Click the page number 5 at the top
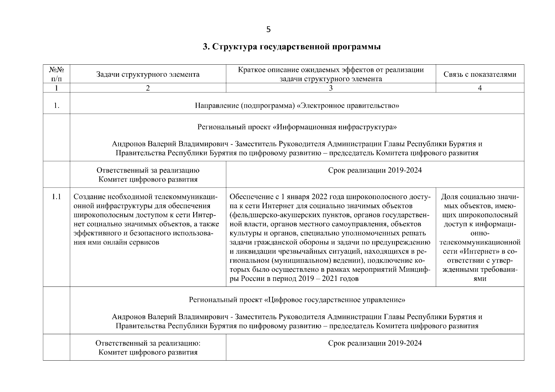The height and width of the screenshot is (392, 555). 268,30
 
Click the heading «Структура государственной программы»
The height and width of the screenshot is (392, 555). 297,47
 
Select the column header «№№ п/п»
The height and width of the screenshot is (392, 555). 56,74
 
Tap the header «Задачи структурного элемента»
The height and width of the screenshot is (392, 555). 148,74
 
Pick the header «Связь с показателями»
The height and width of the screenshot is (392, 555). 480,74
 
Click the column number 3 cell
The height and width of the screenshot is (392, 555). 331,88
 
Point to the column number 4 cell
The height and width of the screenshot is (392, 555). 480,88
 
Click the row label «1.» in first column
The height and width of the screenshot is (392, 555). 56,106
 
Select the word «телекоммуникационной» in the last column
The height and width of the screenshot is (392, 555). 480,242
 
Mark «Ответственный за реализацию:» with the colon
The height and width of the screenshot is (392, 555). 148,343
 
